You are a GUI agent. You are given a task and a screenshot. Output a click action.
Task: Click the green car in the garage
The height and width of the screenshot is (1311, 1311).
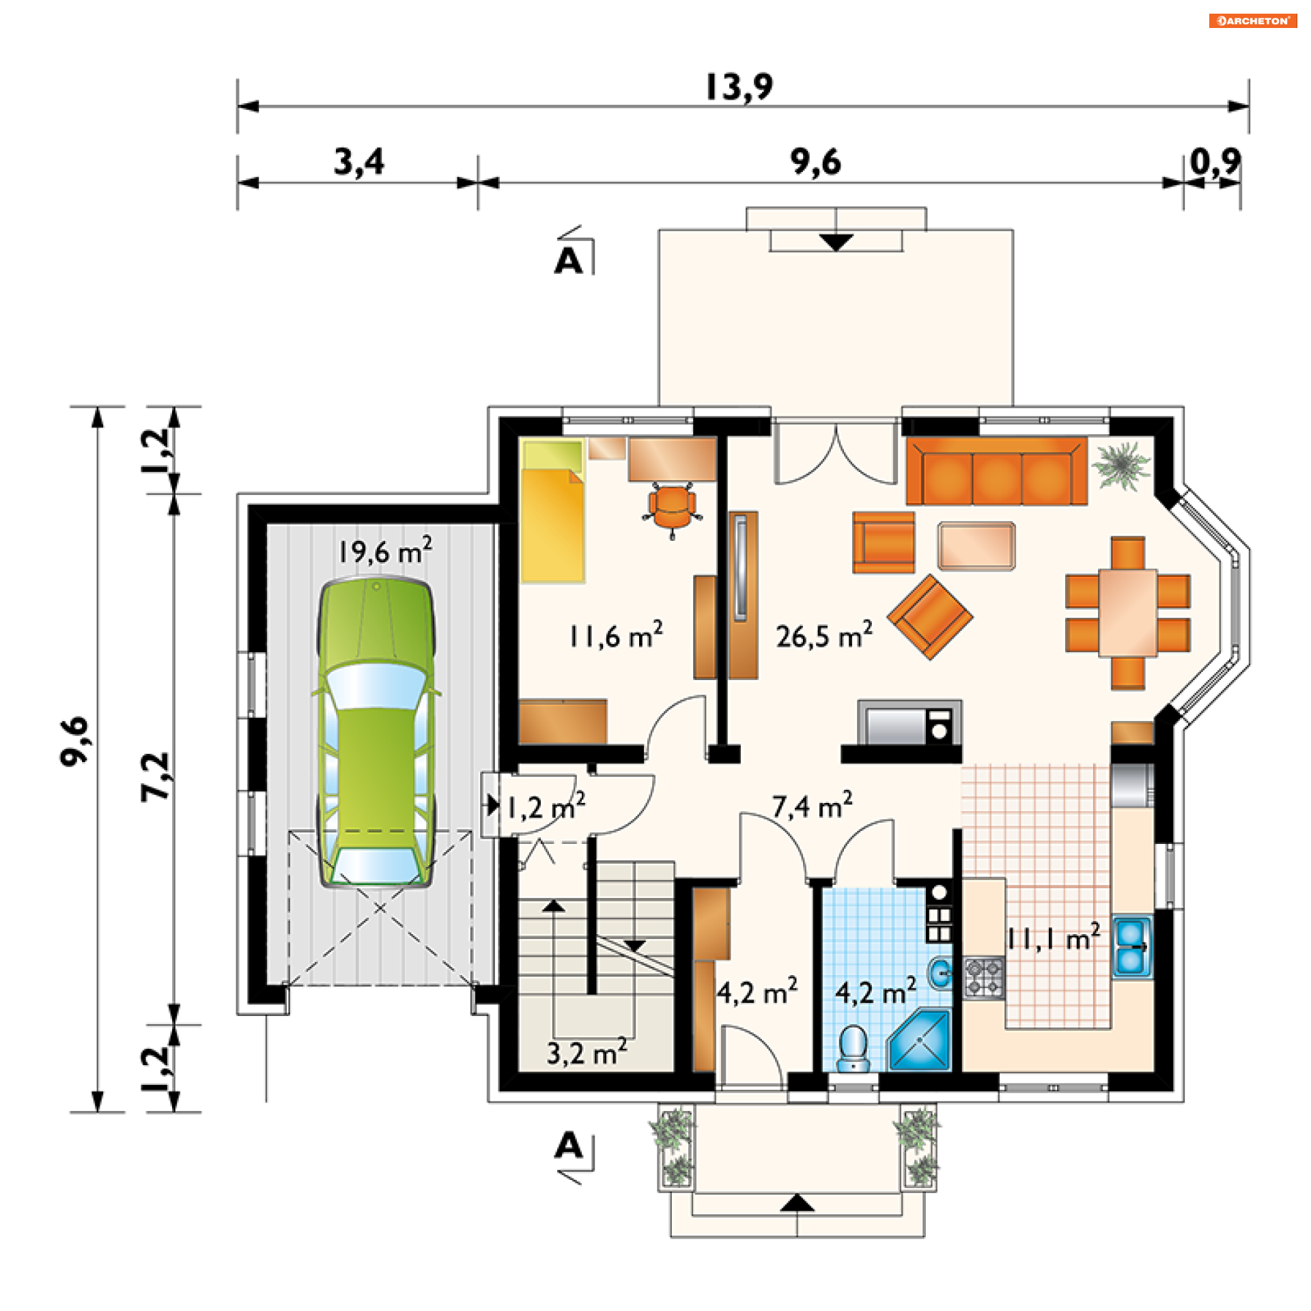(376, 732)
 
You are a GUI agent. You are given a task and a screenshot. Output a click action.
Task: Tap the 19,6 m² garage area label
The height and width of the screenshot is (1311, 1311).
(385, 550)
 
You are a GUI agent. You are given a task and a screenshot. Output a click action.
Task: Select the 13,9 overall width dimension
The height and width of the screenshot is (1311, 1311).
(739, 87)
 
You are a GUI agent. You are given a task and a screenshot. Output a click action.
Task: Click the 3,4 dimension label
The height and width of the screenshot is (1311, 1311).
(358, 163)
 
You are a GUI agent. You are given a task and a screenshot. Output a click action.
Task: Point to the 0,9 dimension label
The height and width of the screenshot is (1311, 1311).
(1215, 163)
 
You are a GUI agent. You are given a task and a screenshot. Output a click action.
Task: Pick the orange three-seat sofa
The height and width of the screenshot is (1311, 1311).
(996, 472)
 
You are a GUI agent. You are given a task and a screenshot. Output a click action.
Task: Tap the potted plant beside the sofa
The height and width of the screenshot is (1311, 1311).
(1120, 465)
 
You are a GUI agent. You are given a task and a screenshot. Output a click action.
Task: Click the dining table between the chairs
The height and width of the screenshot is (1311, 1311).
(1128, 613)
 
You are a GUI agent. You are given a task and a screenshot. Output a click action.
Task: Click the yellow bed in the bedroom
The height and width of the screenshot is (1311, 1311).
(552, 511)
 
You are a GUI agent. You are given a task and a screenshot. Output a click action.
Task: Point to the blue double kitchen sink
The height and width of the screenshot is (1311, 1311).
(1131, 948)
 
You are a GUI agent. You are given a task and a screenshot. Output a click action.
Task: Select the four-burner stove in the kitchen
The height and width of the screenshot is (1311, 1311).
(984, 978)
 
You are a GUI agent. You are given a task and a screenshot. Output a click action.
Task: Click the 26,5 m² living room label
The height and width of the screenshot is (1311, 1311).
(824, 636)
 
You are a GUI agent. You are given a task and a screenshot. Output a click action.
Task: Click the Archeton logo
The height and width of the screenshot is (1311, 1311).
(1253, 20)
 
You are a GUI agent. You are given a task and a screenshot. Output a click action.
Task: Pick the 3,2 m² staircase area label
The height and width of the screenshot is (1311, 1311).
(587, 1052)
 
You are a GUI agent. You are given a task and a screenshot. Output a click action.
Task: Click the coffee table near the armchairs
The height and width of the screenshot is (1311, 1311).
(976, 546)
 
